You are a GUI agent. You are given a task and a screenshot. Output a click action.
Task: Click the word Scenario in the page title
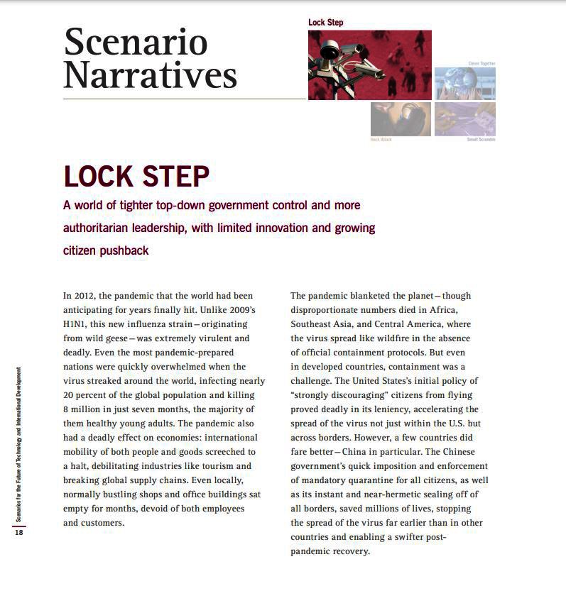135,42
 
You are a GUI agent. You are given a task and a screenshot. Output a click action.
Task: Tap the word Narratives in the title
150,73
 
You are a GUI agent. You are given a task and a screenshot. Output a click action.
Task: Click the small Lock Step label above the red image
325,23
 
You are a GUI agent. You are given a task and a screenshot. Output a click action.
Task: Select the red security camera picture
369,65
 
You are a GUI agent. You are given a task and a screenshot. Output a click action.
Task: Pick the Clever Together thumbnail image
464,83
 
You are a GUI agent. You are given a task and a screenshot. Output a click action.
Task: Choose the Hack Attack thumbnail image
401,118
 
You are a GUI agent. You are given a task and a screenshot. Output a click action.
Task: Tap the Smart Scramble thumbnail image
464,118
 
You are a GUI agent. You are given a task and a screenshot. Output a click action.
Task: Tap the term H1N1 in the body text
75,324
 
